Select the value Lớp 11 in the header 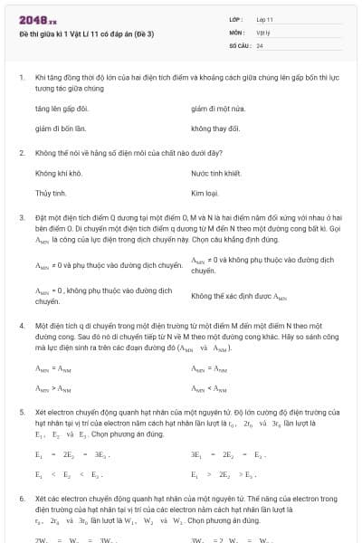pyautogui.click(x=265, y=18)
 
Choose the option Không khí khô pyautogui.click(x=59, y=172)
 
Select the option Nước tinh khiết pyautogui.click(x=215, y=172)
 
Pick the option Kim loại pyautogui.click(x=206, y=194)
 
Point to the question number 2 pyautogui.click(x=21, y=152)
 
